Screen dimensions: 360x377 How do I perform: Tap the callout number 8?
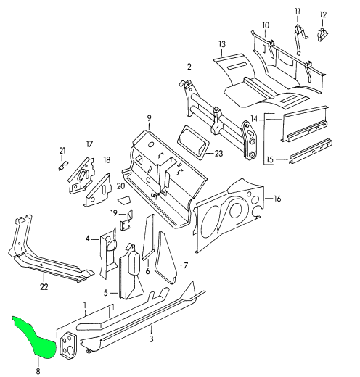coord(38,371)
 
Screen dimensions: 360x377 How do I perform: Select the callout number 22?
coord(44,286)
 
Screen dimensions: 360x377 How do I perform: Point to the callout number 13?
coord(222,44)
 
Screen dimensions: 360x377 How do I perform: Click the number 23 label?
coord(218,153)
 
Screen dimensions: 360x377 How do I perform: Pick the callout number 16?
coord(277,199)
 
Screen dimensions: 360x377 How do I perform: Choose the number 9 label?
coord(149,118)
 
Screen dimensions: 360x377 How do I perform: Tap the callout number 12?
coord(323,14)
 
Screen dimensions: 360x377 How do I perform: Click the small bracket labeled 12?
coord(322,34)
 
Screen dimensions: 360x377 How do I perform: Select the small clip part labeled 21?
coord(63,166)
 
